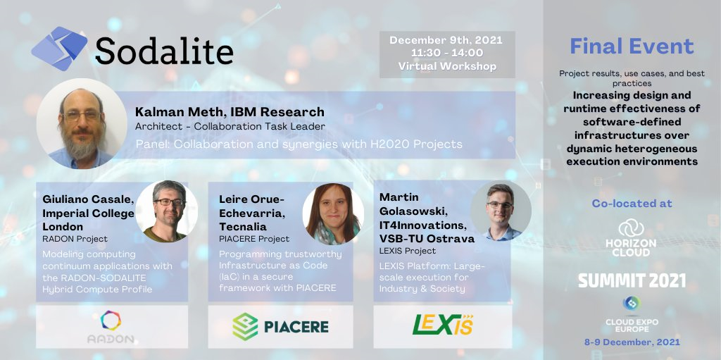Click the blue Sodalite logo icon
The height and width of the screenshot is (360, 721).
pyautogui.click(x=59, y=49)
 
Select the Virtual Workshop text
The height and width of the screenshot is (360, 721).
pyautogui.click(x=447, y=66)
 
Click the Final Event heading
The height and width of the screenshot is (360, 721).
pyautogui.click(x=632, y=46)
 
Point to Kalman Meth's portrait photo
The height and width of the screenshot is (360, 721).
pyautogui.click(x=82, y=123)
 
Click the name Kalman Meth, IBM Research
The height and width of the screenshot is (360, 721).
pyautogui.click(x=230, y=112)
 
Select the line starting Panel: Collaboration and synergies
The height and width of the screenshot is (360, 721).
pyautogui.click(x=299, y=144)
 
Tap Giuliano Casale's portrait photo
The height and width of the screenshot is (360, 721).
pyautogui.click(x=167, y=211)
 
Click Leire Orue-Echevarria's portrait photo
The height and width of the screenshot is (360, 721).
pyautogui.click(x=333, y=213)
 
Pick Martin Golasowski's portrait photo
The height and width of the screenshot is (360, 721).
pyautogui.click(x=501, y=211)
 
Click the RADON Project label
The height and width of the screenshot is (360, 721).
pyautogui.click(x=75, y=239)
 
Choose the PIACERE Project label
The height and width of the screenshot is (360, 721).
pyautogui.click(x=254, y=239)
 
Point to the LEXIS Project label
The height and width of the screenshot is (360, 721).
pyautogui.click(x=408, y=251)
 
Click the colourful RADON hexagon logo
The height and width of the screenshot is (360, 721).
pyautogui.click(x=111, y=321)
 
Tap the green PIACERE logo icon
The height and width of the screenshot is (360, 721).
pyautogui.click(x=245, y=326)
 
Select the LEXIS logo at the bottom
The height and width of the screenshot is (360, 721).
pyautogui.click(x=443, y=325)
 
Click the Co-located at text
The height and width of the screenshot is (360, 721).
pyautogui.click(x=632, y=204)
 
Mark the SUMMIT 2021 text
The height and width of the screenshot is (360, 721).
pyautogui.click(x=632, y=280)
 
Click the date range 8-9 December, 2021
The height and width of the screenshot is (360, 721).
pyautogui.click(x=632, y=342)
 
